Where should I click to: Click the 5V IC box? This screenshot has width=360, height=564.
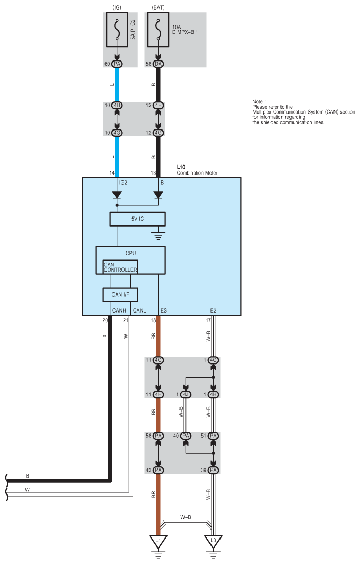coord(137,219)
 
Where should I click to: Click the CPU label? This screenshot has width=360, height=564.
coord(130,253)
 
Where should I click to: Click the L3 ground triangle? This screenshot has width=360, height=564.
coord(213,541)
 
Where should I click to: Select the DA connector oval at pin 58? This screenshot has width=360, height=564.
coord(158,64)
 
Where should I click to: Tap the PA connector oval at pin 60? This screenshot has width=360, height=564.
coord(117,64)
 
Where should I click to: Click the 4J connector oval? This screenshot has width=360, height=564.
coord(186,394)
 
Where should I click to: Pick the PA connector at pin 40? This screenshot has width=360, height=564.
coord(186,436)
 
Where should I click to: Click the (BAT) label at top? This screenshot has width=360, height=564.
coord(158,7)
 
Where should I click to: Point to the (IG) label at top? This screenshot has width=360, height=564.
coord(117,7)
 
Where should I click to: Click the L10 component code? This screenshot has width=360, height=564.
coord(181,167)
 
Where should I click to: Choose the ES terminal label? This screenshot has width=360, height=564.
coord(163,310)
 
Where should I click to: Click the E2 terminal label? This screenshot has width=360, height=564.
coord(213,310)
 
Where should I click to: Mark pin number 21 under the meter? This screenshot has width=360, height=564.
coord(126,320)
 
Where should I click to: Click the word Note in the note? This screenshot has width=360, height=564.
coord(258,101)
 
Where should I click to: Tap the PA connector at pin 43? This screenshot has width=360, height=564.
coord(158,470)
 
